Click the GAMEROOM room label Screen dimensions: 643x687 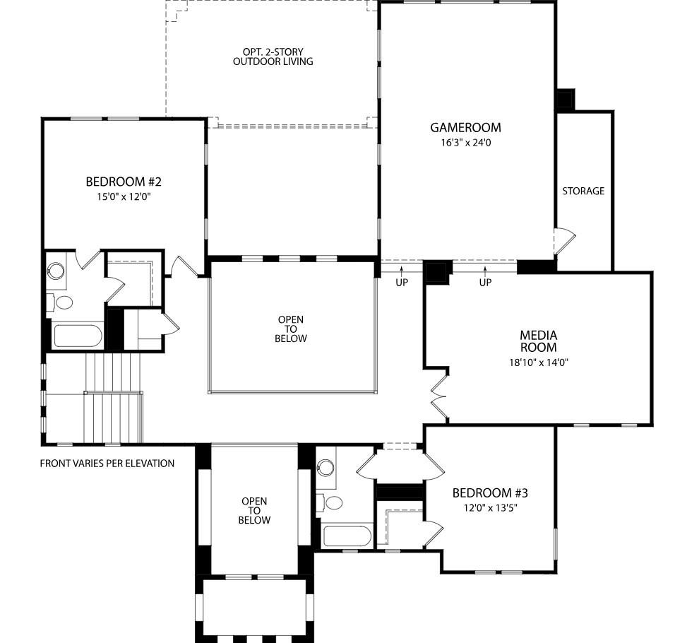click(x=465, y=128)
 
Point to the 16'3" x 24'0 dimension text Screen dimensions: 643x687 click(x=465, y=143)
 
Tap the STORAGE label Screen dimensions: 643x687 click(x=583, y=191)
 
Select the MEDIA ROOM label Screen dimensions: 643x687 click(x=539, y=341)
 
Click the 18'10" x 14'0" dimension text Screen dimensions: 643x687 click(x=539, y=362)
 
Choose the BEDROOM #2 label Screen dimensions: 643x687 click(x=124, y=182)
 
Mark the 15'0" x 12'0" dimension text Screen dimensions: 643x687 click(x=124, y=197)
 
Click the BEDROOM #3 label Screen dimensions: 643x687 click(x=490, y=493)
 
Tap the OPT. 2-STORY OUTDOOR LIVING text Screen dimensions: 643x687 click(x=273, y=57)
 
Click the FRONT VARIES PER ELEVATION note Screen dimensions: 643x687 click(x=107, y=464)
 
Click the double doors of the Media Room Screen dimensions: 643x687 click(x=438, y=396)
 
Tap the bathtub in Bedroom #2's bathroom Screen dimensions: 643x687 click(x=78, y=335)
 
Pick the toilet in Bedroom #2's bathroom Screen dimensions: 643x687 click(x=62, y=302)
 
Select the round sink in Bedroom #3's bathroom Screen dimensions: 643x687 click(x=325, y=467)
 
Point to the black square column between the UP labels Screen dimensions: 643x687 click(x=437, y=272)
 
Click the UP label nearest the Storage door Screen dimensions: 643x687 click(x=485, y=283)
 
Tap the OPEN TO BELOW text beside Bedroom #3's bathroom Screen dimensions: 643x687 click(x=254, y=511)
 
